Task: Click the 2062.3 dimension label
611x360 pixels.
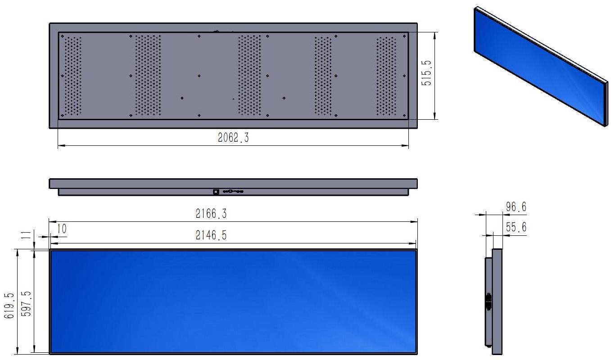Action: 233,138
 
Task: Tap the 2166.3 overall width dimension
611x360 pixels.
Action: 211,214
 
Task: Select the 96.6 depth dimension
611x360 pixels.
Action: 516,207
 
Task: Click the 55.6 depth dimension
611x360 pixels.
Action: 516,228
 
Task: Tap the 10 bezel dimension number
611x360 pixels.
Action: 62,229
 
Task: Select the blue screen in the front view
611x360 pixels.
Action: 233,301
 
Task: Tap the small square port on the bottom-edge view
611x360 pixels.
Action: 216,192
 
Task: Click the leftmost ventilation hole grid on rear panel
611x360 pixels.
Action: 73,75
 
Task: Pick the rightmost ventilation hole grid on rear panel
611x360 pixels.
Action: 387,75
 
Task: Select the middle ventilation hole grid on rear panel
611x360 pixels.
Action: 249,75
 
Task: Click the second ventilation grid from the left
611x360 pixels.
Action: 148,75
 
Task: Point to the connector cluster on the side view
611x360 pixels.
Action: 488,301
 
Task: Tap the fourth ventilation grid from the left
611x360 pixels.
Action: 323,75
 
